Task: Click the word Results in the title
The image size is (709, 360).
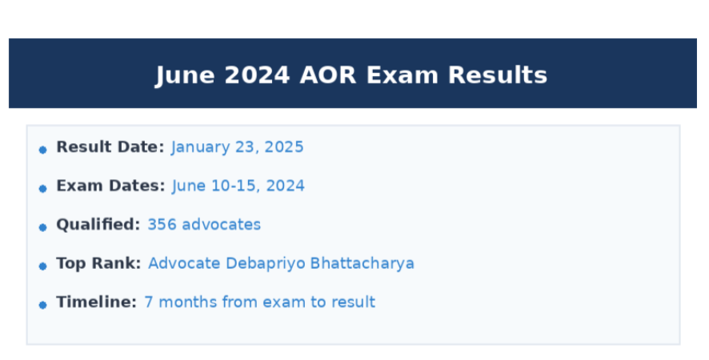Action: [498, 75]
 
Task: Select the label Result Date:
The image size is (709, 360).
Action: [110, 147]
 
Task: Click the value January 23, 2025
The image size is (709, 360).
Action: [237, 147]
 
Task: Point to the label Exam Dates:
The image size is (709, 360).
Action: [110, 186]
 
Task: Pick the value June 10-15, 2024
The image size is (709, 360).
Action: [238, 186]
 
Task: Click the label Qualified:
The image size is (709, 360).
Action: [98, 225]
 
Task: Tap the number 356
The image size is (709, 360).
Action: [162, 225]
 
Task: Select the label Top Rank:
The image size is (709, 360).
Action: [98, 263]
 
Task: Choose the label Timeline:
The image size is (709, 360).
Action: [96, 302]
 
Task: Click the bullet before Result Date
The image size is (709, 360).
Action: [42, 150]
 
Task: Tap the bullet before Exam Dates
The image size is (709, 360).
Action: [42, 188]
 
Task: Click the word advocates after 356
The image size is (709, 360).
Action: [221, 225]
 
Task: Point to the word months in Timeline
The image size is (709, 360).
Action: [186, 302]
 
